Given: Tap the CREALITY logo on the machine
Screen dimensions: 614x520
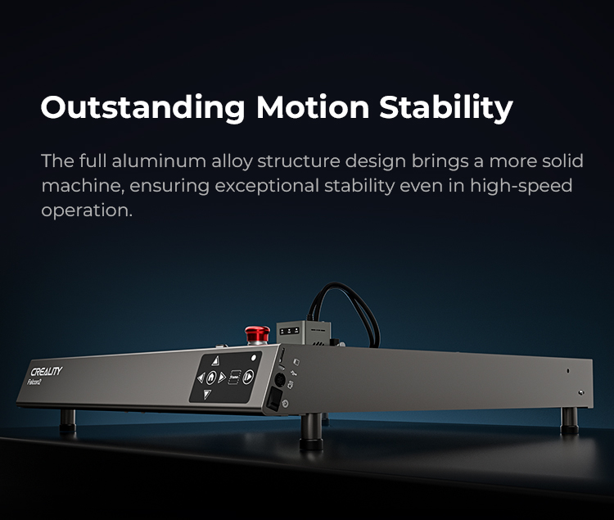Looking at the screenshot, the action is [x=47, y=371].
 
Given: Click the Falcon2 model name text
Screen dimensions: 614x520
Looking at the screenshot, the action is [x=34, y=382].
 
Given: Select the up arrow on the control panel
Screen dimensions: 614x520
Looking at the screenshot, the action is [x=215, y=360].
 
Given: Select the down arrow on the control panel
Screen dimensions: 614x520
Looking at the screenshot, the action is [x=207, y=395].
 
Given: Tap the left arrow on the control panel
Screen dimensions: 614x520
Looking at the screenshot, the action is [x=201, y=378].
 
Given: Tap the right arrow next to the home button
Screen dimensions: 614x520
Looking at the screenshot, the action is [x=222, y=378].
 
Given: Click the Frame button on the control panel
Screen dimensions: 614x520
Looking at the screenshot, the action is [x=233, y=377].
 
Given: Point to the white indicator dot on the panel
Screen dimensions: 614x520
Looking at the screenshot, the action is [x=253, y=358].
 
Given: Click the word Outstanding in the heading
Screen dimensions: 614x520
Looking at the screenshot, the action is [x=143, y=107].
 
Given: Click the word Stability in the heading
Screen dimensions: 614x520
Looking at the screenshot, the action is [x=446, y=107].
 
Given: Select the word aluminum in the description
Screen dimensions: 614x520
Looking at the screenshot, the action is [x=159, y=161].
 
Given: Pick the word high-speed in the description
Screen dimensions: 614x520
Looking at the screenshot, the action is [x=521, y=186].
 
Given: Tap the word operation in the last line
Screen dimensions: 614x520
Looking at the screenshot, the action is [x=87, y=210].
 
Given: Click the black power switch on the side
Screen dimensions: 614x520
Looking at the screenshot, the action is [x=273, y=398].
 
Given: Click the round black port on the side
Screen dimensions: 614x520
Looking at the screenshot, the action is [x=280, y=380].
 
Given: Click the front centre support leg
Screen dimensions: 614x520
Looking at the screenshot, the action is [x=311, y=432].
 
